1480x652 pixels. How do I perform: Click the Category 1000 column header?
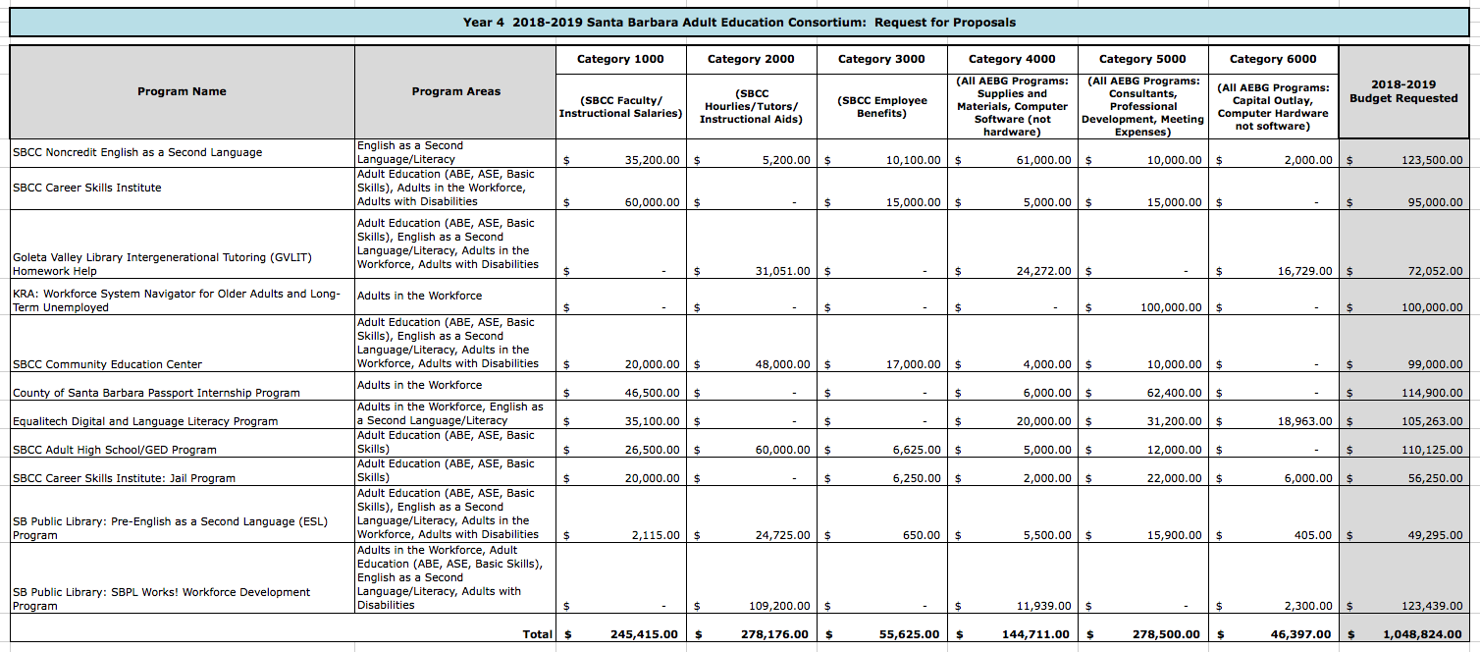coord(620,59)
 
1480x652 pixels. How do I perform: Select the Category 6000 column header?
coord(1273,59)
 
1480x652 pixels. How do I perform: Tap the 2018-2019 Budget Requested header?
coord(1403,91)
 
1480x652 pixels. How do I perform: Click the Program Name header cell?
coord(182,91)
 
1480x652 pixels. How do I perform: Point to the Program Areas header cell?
coord(455,91)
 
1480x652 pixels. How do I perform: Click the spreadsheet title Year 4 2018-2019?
coord(739,22)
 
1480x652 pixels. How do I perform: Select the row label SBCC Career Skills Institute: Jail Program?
coord(124,478)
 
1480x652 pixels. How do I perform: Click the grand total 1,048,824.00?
coord(1422,634)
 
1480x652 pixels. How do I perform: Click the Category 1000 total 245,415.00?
coord(643,634)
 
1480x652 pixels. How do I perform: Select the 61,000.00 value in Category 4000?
coord(1043,160)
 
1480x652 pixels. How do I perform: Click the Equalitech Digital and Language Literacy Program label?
coord(145,421)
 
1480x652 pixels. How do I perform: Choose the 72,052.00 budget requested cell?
coord(1432,271)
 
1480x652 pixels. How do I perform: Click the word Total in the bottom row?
coord(537,634)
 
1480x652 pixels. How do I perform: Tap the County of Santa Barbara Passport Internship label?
coord(156,393)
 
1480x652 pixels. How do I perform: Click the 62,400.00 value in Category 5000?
coord(1174,393)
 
